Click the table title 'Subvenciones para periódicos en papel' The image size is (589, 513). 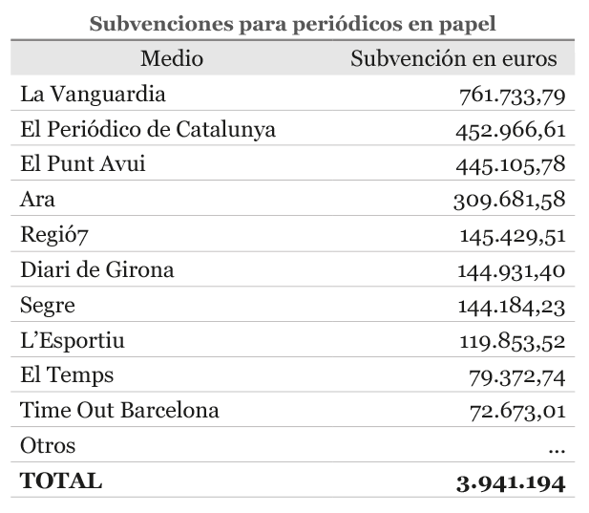[x=292, y=24]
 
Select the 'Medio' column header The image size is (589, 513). [x=172, y=59]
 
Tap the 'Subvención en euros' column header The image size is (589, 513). [x=453, y=59]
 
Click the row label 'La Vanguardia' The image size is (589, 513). [x=93, y=95]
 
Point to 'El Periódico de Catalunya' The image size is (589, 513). [x=148, y=130]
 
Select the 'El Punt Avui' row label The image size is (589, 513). [x=82, y=164]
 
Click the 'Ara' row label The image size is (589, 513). [x=38, y=200]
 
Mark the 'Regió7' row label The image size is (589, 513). [x=54, y=235]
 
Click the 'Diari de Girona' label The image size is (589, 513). [x=97, y=270]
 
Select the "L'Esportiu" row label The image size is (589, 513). [x=73, y=340]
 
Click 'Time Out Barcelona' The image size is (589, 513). [x=119, y=411]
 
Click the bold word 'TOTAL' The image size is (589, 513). [x=61, y=481]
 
